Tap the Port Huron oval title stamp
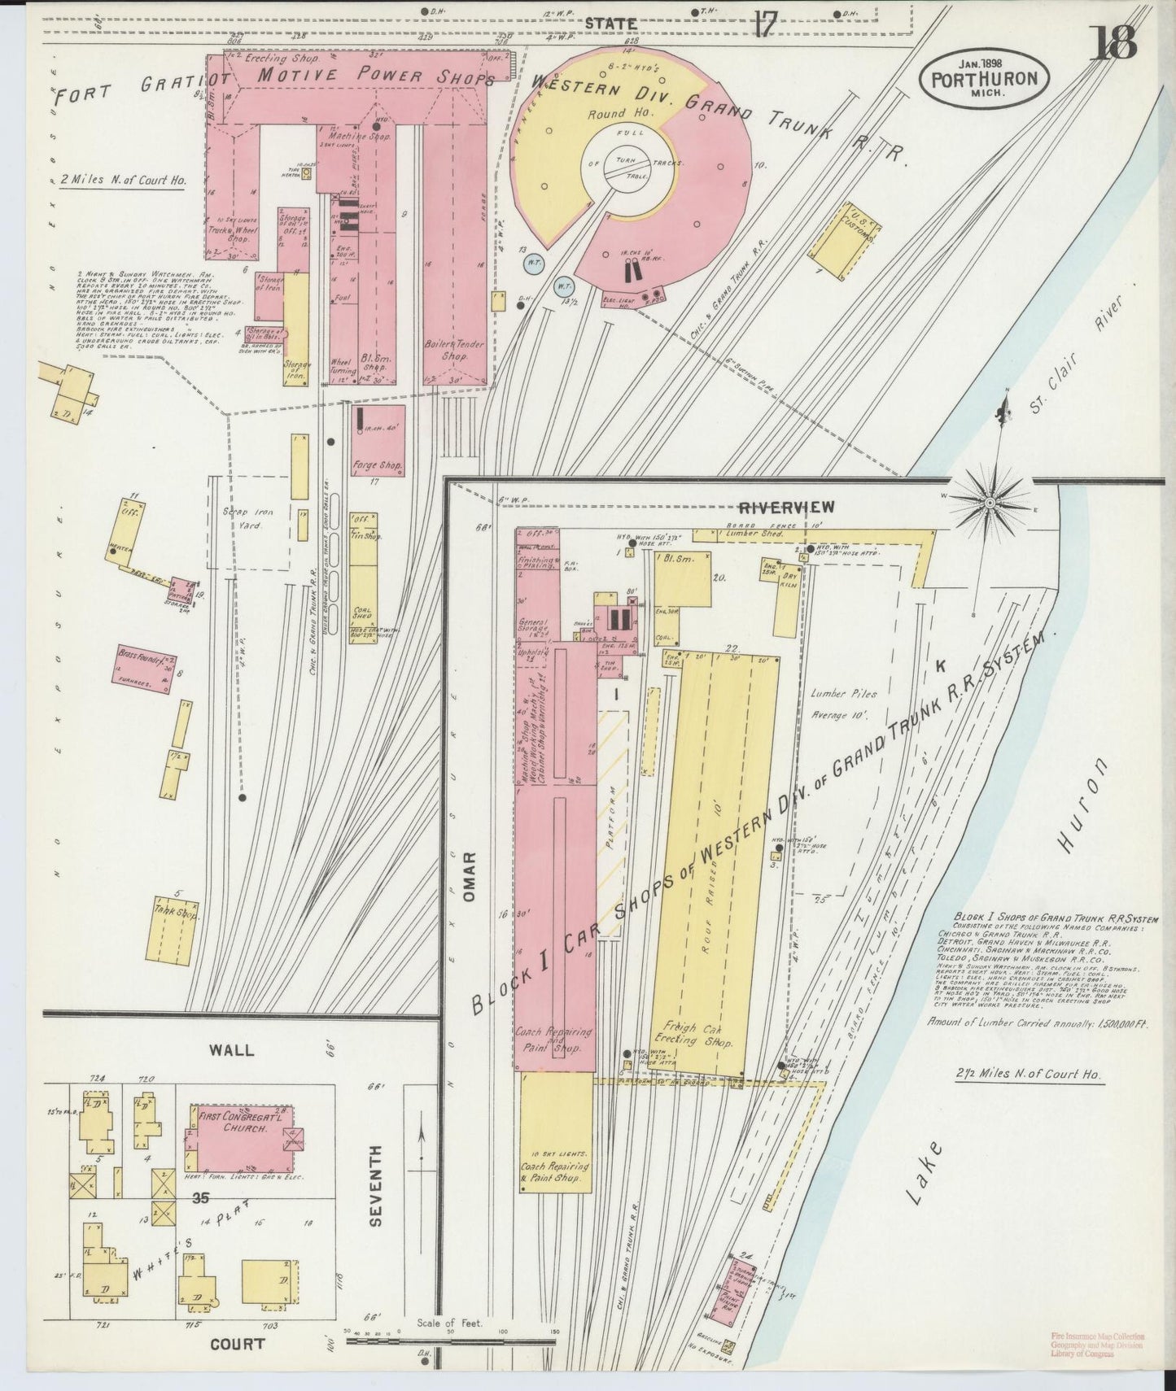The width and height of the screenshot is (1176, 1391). (x=985, y=80)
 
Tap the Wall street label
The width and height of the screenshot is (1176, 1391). (x=232, y=1050)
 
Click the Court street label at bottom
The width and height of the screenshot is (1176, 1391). (x=238, y=1344)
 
